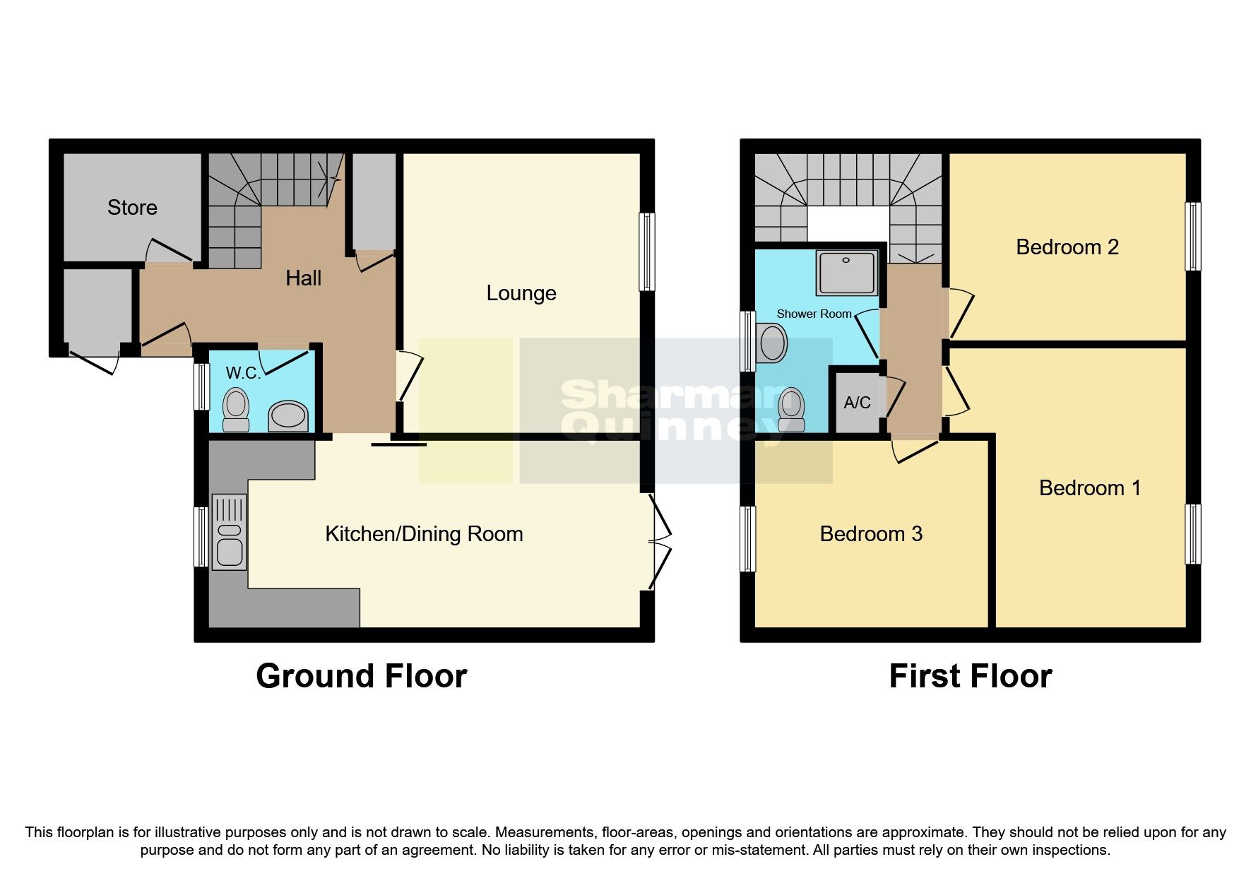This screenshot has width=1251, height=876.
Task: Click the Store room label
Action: [132, 207]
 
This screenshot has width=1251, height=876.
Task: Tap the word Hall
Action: [303, 278]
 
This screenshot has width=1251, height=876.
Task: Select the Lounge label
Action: [521, 292]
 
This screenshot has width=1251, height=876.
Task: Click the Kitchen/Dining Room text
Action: [424, 533]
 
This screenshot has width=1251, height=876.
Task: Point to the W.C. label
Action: [243, 372]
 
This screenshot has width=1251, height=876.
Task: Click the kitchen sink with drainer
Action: [230, 532]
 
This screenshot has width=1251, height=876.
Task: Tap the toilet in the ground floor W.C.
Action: [236, 410]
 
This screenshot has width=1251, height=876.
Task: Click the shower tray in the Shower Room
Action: [846, 273]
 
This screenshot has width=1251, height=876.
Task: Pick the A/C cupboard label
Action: [857, 402]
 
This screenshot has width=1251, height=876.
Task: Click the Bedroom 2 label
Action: [1067, 247]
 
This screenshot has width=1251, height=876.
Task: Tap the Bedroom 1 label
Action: [1089, 487]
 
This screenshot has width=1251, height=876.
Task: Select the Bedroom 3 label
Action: [870, 533]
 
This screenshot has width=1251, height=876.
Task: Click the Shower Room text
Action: [814, 314]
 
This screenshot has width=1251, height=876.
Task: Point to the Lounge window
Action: [646, 251]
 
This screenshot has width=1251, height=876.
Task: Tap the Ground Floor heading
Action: [361, 676]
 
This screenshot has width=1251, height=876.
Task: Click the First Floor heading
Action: [970, 676]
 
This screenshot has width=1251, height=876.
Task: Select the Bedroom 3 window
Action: [747, 538]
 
